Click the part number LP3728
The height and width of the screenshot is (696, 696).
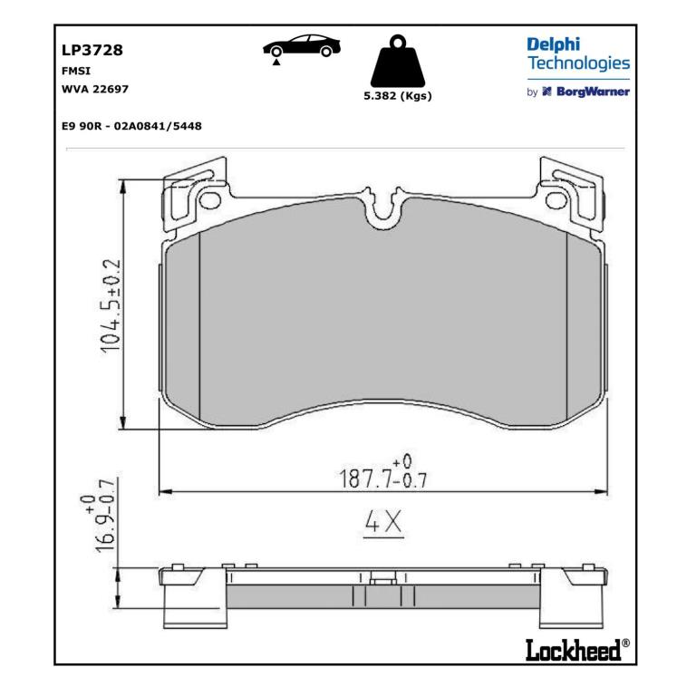(x=92, y=50)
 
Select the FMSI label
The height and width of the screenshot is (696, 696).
(x=76, y=71)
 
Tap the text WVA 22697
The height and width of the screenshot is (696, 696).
(x=95, y=89)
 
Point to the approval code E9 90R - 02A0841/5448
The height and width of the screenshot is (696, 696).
(x=131, y=126)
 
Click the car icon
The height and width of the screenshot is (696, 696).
(x=302, y=45)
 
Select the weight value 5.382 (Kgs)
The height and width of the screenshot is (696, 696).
(x=398, y=96)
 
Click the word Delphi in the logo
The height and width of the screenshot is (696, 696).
(x=553, y=45)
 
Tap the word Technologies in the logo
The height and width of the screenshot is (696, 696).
(x=578, y=63)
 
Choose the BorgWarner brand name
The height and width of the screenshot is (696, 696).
(x=593, y=92)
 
